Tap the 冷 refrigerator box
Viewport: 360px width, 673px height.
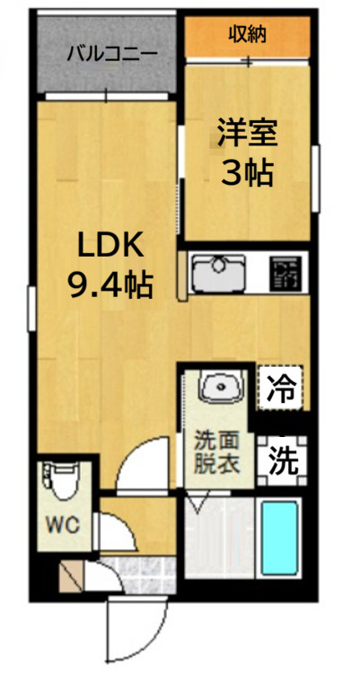click(282, 388)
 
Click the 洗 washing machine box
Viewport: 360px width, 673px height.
click(283, 460)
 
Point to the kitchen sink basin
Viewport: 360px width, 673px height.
click(219, 271)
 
